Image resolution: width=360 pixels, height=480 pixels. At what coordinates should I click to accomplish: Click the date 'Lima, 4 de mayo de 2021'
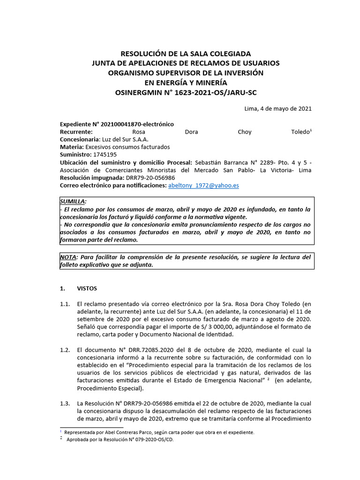(x=278, y=109)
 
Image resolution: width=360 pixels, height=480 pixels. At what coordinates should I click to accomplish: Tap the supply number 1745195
(x=105, y=154)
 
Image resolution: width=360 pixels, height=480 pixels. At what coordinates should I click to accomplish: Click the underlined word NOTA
(x=68, y=257)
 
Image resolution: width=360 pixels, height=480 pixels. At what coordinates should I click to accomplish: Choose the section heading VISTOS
(x=87, y=288)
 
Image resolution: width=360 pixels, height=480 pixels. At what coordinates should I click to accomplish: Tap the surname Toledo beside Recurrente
(x=300, y=132)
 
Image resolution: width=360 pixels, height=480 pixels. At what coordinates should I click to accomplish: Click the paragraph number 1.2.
(x=65, y=350)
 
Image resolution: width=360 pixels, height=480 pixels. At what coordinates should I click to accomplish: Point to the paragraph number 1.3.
(x=65, y=404)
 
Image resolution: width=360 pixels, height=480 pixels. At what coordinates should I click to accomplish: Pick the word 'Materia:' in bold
(x=72, y=147)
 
